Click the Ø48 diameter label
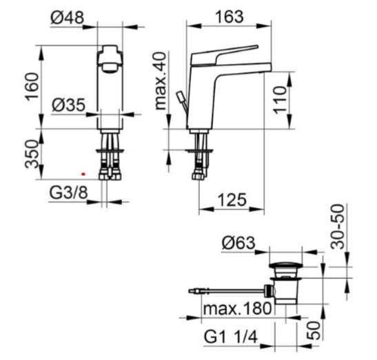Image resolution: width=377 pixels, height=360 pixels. point(68,17)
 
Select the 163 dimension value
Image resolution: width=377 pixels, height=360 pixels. point(229,17)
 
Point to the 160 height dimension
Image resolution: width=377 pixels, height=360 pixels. point(32,87)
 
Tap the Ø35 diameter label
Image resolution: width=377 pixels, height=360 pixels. point(68,105)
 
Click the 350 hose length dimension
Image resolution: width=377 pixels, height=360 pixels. point(32,154)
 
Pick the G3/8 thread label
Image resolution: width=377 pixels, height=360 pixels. point(68,193)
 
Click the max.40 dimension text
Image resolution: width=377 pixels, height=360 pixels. point(161,81)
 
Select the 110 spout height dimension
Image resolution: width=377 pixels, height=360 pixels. point(280,100)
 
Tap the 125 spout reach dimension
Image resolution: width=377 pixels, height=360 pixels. point(232,200)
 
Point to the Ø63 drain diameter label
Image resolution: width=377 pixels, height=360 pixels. point(238,242)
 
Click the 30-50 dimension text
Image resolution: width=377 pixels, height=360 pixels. point(337,226)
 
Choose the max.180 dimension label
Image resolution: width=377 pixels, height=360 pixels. point(238,308)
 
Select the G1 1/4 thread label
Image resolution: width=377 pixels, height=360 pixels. point(231,337)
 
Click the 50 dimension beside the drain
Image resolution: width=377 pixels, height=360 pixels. point(314,330)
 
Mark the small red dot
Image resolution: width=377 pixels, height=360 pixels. point(83,173)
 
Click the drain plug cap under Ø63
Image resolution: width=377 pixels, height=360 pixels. point(286,265)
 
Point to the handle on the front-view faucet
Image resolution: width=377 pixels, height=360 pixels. point(110,58)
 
